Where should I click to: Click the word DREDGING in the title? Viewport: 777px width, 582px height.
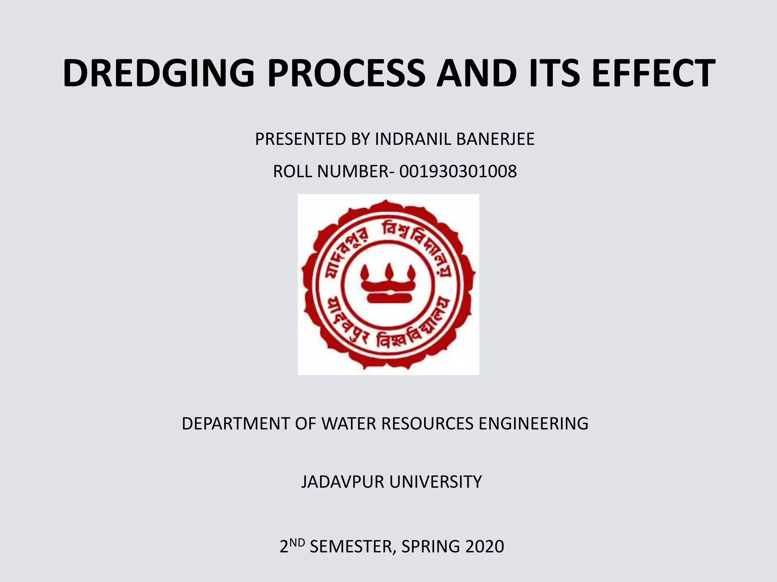159,73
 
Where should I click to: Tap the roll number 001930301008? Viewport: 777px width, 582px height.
458,172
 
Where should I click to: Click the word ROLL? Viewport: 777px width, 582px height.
293,172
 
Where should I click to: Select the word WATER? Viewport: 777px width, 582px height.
349,423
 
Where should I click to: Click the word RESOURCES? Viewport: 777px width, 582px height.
427,423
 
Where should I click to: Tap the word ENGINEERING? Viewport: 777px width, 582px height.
533,423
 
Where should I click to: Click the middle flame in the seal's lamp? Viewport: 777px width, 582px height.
389,271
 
